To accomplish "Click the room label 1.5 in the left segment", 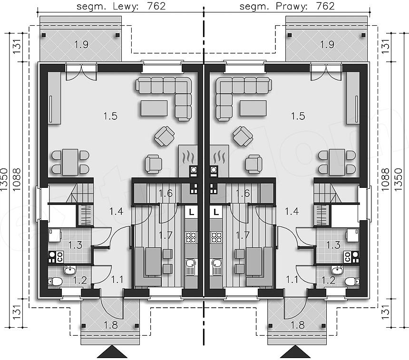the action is tap(110, 116).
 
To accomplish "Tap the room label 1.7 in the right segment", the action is tap(243, 235).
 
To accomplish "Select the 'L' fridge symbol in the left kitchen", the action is tap(192, 212).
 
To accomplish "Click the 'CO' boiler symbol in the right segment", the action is tap(347, 257).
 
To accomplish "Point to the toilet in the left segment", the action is tap(55, 282).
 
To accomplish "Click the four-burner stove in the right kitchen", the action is tap(216, 237).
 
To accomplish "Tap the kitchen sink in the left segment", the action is tap(191, 267).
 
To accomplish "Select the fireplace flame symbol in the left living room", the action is tap(188, 156).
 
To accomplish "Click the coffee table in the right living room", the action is tap(253, 108).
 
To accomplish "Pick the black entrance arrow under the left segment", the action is tap(112, 352).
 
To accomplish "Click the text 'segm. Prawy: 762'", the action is tap(287, 6).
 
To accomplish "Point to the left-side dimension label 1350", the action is tap(4, 179).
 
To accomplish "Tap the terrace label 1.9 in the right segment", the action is tap(327, 44).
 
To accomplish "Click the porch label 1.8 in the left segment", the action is tap(111, 325).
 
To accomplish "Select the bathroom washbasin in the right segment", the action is tap(338, 270).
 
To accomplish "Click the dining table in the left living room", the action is tap(70, 162).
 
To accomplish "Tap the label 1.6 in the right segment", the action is tap(243, 193).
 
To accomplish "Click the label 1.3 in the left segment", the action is tap(75, 245).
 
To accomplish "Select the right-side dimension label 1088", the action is tap(386, 179).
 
